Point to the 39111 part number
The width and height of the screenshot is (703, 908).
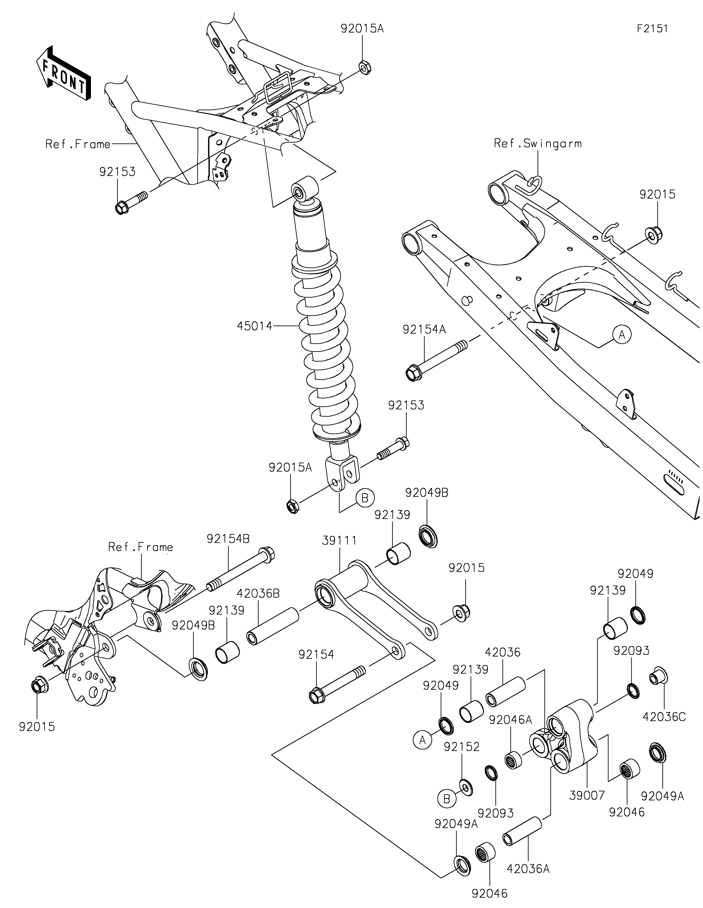point(339,541)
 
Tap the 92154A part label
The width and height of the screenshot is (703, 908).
point(424,330)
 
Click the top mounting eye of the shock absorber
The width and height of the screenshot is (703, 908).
point(305,189)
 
